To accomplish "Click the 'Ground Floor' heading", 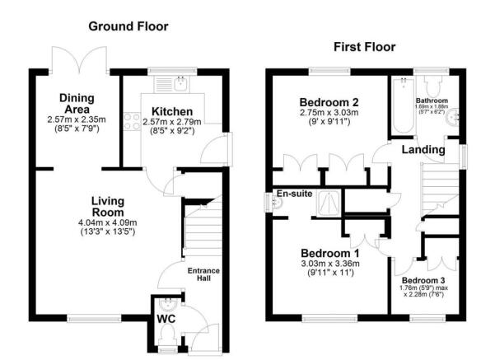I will click(129, 26).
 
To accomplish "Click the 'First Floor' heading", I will click(364, 47).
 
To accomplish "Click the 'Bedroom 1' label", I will click(329, 252).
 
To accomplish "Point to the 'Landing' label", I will click(423, 150).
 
